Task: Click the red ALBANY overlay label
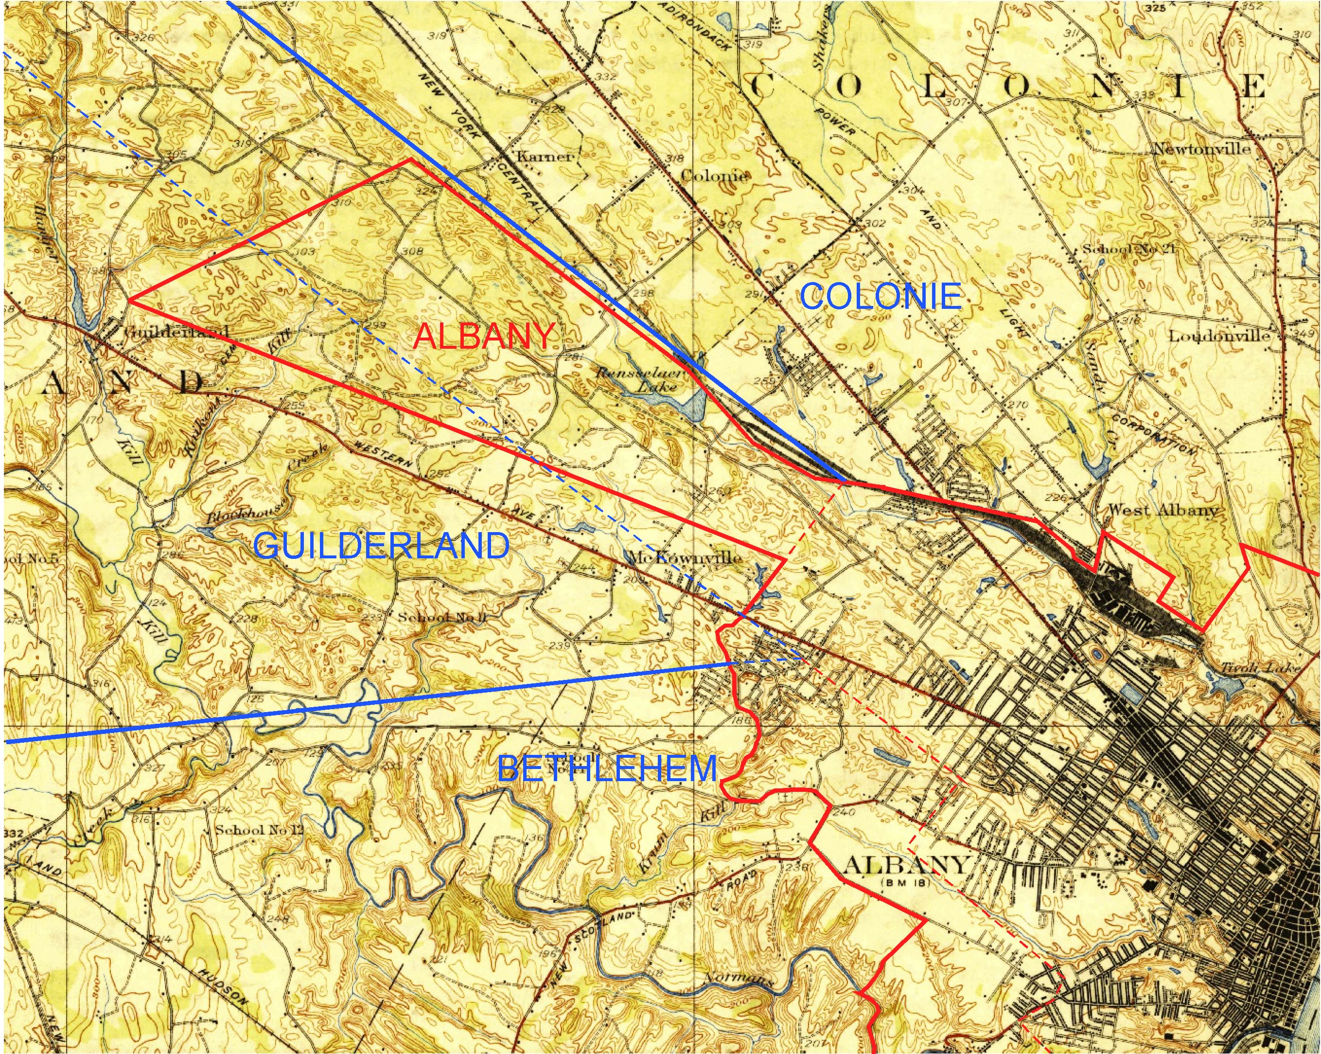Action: (x=484, y=337)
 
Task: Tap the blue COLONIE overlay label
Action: (x=881, y=297)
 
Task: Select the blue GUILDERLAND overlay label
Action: (x=381, y=545)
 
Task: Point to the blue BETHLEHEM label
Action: (x=607, y=768)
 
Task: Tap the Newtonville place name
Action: (x=1201, y=149)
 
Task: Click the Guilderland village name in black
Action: (x=176, y=332)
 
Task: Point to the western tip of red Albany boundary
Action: (x=130, y=300)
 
